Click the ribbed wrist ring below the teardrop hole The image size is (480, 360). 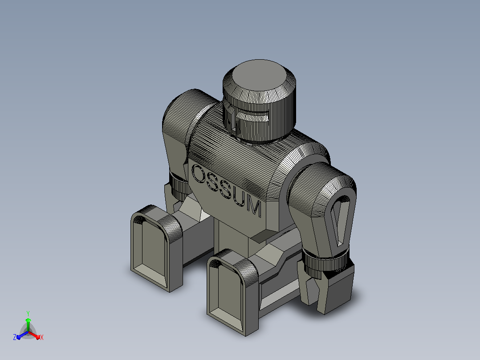(x=325, y=262)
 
